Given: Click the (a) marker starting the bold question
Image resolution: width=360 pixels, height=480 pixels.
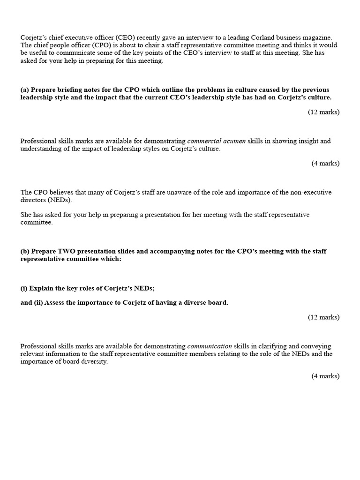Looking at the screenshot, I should click(25, 90).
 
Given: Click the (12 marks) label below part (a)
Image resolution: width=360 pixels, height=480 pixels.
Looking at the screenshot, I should click(323, 112).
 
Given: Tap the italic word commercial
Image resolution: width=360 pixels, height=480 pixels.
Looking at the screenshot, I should click(204, 141).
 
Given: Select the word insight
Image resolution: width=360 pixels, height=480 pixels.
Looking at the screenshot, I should click(296, 141).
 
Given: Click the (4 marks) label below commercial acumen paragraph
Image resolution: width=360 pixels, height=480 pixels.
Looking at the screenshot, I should click(325, 163).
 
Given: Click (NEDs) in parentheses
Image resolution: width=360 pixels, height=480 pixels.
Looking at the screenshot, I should click(60, 200).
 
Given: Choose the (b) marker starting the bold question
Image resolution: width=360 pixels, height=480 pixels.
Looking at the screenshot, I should click(25, 251).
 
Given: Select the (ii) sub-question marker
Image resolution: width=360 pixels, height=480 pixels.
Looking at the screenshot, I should click(37, 302).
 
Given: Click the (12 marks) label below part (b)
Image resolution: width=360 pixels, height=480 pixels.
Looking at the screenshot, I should click(323, 317).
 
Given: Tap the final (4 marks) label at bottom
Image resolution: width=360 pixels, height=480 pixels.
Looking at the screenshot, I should click(325, 376).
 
